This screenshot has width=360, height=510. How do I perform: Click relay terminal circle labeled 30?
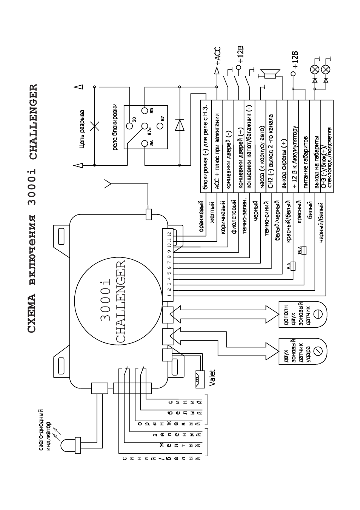129,126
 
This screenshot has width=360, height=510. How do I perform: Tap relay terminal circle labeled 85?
145,111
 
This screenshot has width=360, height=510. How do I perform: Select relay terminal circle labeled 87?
160,126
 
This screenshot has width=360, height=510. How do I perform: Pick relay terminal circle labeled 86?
145,144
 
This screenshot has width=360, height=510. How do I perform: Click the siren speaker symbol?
270,74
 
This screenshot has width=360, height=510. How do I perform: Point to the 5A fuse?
293,266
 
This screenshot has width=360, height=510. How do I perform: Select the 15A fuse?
304,250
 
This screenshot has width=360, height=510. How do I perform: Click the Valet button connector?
200,379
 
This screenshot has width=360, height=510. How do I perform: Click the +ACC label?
218,56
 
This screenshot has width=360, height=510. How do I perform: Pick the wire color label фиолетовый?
234,217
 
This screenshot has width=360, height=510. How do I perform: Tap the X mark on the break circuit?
95,126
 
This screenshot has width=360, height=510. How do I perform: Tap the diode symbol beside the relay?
180,125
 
